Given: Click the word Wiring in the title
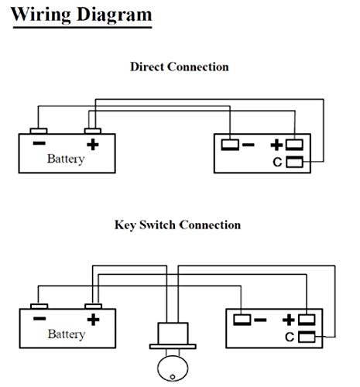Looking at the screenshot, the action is click(x=40, y=15).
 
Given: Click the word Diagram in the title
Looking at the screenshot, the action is click(x=115, y=15).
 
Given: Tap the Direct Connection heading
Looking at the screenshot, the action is click(x=180, y=67).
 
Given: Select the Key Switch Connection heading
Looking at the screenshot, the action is click(x=177, y=225).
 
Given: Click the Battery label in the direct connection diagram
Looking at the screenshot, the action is click(x=66, y=159).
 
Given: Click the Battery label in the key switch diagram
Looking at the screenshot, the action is click(x=67, y=334).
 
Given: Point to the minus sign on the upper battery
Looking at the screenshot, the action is click(x=39, y=143).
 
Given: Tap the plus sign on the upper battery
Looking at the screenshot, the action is click(x=93, y=145).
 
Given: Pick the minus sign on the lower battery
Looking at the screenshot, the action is click(x=39, y=319).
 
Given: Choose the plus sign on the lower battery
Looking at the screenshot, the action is click(x=93, y=320).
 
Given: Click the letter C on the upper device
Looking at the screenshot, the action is click(x=277, y=163).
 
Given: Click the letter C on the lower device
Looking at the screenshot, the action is click(x=290, y=337).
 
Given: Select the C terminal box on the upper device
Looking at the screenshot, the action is click(x=294, y=162).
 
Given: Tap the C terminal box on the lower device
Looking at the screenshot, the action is click(x=307, y=337).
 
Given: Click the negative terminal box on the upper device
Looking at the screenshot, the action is click(x=230, y=145).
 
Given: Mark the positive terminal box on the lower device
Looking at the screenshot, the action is click(x=307, y=320).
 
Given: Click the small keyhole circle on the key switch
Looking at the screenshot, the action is click(x=173, y=377).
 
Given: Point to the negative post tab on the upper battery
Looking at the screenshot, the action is click(x=39, y=131).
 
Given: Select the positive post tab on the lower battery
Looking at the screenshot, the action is click(x=94, y=307).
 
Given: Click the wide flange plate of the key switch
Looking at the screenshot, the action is click(x=173, y=347).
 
